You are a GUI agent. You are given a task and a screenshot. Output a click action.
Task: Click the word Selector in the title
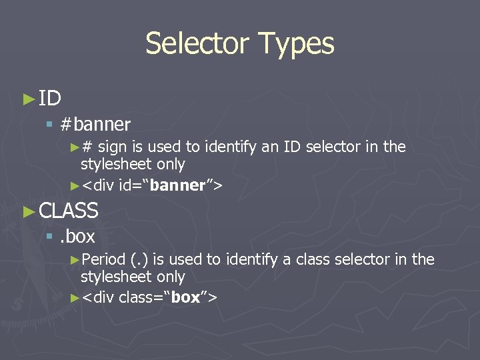(193, 43)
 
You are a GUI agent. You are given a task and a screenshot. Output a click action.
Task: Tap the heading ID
(50, 99)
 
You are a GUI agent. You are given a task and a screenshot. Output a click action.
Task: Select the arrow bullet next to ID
(28, 99)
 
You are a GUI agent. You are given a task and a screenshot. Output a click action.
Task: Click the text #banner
(95, 124)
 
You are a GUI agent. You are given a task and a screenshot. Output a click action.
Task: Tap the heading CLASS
(69, 211)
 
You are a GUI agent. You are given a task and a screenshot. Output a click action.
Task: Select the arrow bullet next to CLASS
(28, 211)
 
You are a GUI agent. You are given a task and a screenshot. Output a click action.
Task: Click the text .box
(78, 236)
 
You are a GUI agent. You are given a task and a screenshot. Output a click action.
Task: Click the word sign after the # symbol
(119, 147)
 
